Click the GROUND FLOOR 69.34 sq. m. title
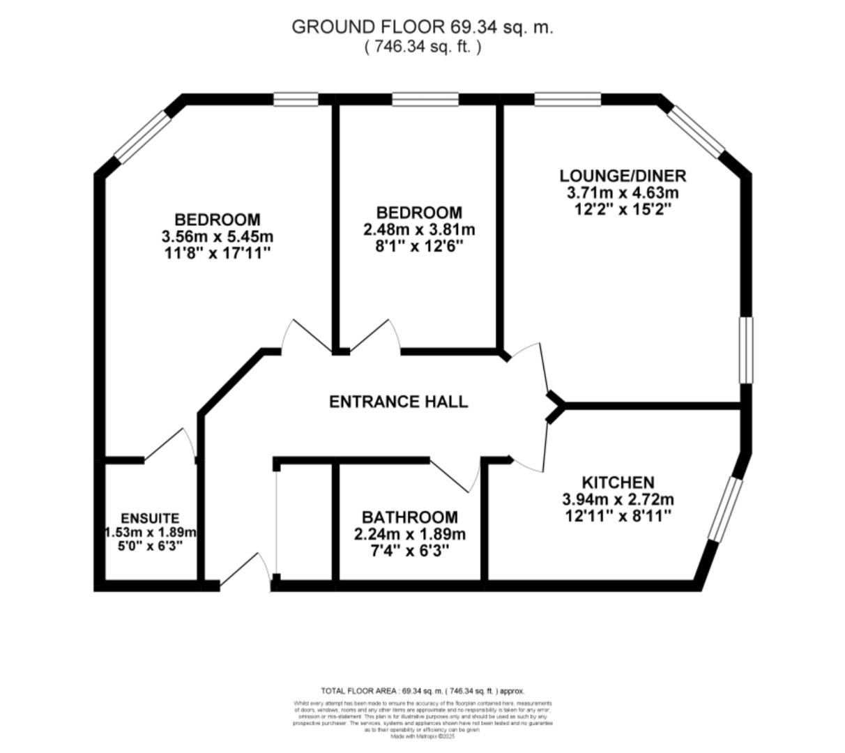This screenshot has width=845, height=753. coord(422,27)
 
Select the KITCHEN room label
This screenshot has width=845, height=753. coord(618,482)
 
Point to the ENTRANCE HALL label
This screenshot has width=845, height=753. coord(398,402)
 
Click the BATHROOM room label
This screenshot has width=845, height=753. coord(409,517)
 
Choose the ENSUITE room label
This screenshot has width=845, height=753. coord(150,519)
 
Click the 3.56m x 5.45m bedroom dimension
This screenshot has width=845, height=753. coord(217,236)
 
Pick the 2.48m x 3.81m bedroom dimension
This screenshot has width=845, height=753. coord(418,229)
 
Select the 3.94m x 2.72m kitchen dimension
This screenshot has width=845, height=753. coord(618,499)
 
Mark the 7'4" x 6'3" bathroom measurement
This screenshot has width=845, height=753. coord(409,550)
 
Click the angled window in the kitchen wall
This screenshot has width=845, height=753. coord(723,509)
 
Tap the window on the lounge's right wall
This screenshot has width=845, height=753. coord(747,350)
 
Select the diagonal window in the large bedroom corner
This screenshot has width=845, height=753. coord(142,137)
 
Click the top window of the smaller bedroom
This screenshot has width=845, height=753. coord(425,100)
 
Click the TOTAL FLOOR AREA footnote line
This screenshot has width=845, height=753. coord(422,691)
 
